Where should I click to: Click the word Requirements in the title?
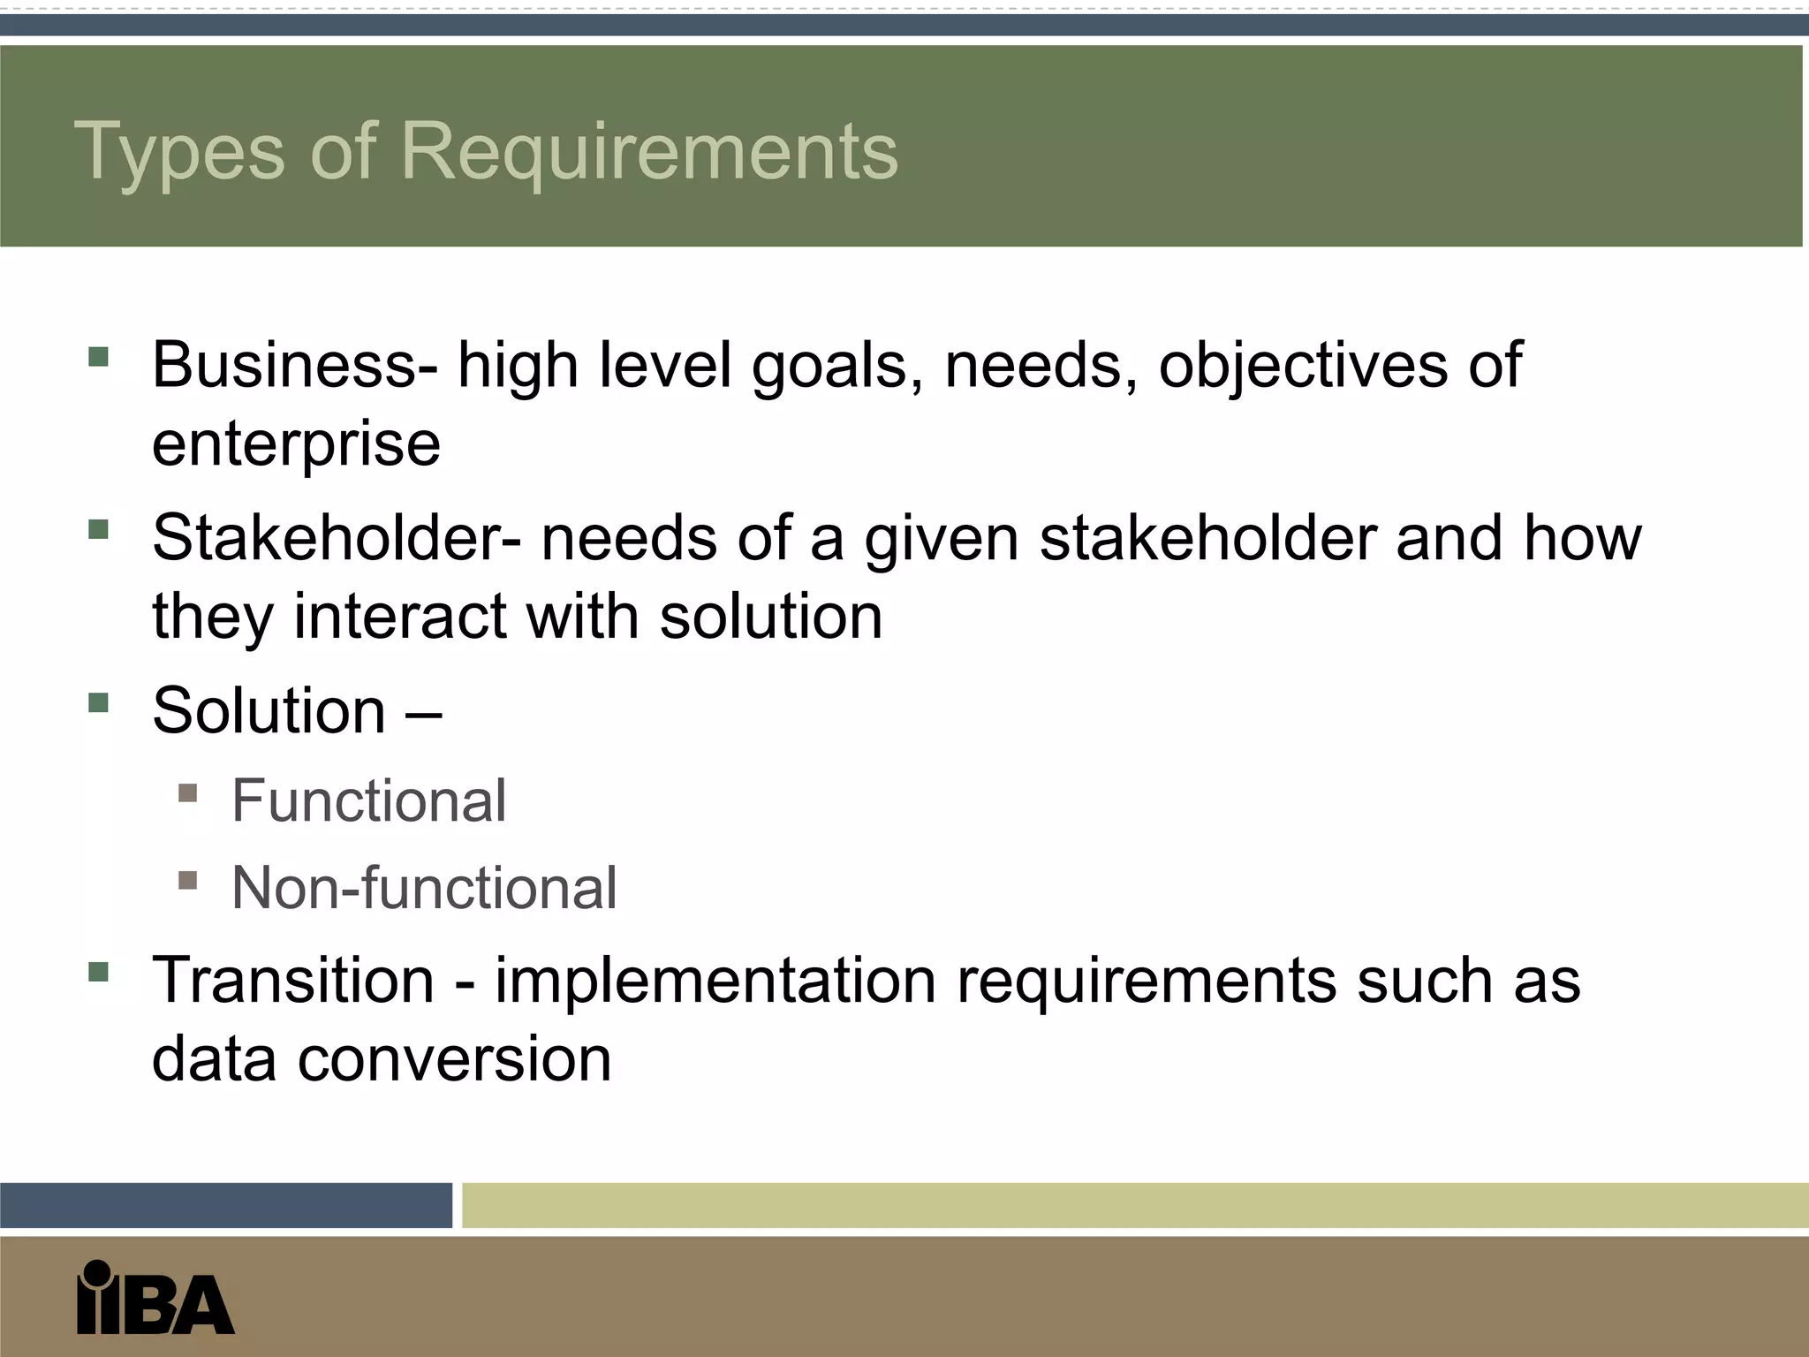point(649,152)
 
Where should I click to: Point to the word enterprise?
point(296,444)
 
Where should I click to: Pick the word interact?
point(400,616)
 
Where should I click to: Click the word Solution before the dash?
point(269,709)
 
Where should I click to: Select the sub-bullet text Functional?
point(368,801)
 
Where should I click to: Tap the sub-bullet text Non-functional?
point(424,887)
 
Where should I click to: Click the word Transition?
point(293,980)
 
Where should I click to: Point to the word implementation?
point(715,980)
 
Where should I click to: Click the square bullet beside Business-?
point(98,357)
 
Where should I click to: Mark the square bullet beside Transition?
point(98,973)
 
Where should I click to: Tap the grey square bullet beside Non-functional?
point(187,880)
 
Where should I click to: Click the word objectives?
point(1303,364)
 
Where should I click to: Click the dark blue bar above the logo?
point(226,1205)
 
